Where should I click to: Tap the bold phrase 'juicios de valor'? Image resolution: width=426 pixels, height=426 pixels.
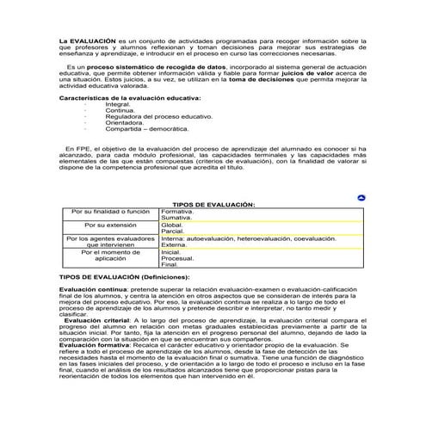tap(313, 72)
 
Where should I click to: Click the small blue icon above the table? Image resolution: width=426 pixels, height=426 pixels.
tap(362, 198)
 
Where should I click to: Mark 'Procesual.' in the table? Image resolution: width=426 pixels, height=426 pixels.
tap(178, 258)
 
